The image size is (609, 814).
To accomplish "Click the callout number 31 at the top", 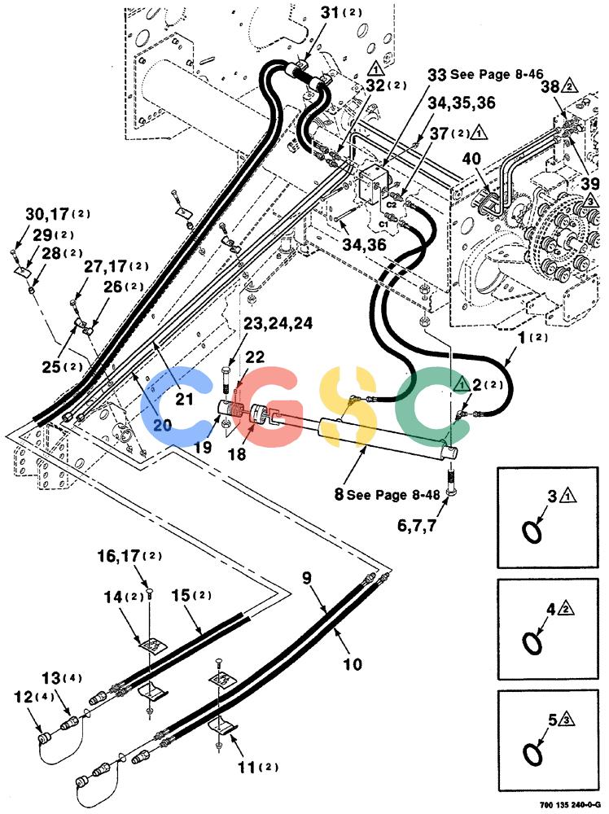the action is (x=330, y=12).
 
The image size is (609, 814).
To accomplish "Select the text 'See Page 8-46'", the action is (x=496, y=74).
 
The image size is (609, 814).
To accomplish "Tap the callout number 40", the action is (x=471, y=159).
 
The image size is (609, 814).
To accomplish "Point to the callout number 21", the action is (x=184, y=399).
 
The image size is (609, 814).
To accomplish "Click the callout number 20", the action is (x=163, y=426).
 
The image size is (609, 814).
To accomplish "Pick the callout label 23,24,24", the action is (x=278, y=323).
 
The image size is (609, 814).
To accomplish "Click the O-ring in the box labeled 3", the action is (x=532, y=532).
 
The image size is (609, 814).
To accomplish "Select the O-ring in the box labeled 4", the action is (x=532, y=643).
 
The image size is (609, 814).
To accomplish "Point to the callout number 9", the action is (x=307, y=578).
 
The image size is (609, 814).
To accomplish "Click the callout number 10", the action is (x=353, y=664).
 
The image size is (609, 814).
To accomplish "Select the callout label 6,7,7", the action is (x=416, y=525).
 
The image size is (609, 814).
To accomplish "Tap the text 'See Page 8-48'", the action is (x=393, y=494).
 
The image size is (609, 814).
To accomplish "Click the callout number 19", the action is (x=203, y=447).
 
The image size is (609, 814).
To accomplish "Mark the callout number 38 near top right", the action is (x=550, y=86).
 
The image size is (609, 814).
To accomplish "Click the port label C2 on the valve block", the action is (x=391, y=204).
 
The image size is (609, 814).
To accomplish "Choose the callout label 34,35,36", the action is (x=462, y=103).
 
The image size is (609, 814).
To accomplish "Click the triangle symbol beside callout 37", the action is (x=480, y=133).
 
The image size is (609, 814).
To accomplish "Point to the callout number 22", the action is (x=254, y=357).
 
